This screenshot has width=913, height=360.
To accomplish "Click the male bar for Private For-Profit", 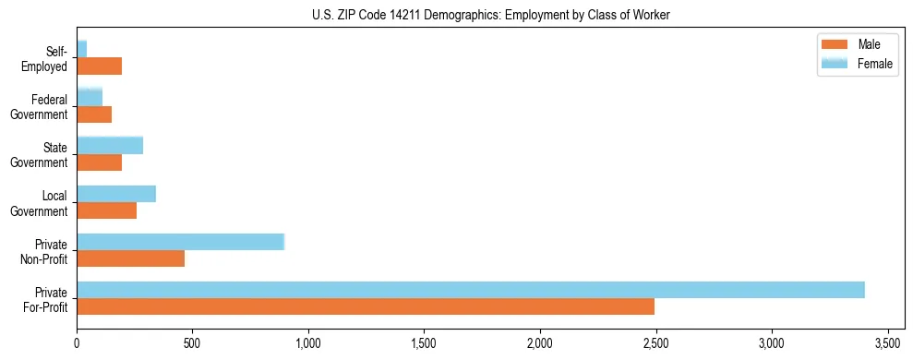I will [x=366, y=306].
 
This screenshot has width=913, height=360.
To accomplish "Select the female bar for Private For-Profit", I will [x=471, y=290].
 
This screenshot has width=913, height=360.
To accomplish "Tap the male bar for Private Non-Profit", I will [x=130, y=258].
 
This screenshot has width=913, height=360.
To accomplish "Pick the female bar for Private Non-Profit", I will [x=180, y=242].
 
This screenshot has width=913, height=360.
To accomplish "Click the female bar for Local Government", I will [x=116, y=194].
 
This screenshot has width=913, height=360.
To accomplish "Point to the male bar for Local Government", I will [x=106, y=210].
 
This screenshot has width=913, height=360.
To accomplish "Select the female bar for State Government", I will [x=110, y=146].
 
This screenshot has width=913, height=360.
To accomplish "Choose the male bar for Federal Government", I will [x=94, y=114].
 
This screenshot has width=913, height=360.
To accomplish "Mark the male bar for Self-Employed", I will [x=99, y=66].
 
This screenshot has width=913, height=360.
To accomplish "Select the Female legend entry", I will [x=859, y=62].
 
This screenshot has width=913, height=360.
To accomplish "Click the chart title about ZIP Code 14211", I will [x=491, y=14].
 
